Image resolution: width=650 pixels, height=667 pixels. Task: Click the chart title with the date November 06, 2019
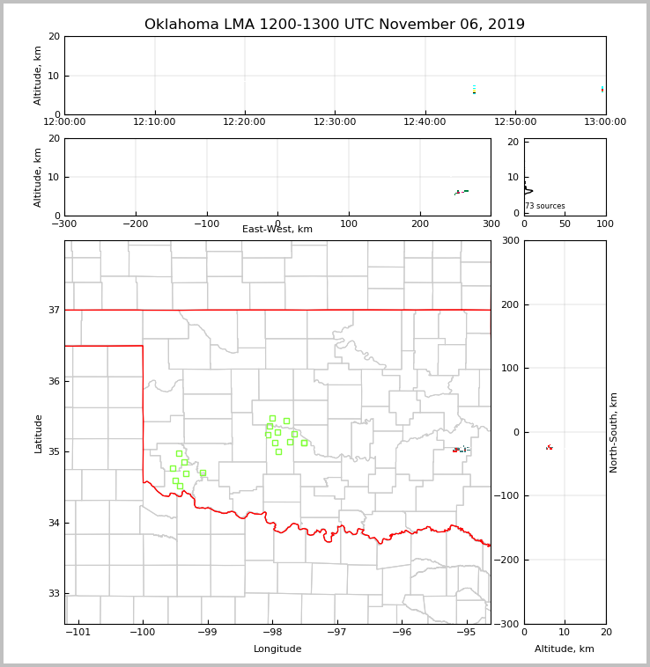335,25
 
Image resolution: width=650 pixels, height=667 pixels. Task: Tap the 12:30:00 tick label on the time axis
335,122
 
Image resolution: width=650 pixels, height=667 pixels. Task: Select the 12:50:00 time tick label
515,122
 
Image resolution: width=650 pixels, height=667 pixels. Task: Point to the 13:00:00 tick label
605,122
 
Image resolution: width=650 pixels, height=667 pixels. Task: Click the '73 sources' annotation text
545,207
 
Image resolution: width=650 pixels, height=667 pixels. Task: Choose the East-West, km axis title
277,230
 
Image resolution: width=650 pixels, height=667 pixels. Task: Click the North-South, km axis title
614,432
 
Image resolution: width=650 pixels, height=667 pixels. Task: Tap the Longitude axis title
277,649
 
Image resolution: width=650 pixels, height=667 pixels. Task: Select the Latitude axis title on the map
38,433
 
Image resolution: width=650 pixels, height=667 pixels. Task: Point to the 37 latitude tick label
54,311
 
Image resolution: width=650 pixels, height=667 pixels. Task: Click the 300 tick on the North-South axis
508,241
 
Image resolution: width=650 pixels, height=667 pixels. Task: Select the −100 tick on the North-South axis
505,496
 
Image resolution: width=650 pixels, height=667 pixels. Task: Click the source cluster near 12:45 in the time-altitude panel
474,90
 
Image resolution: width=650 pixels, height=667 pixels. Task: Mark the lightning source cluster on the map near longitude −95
461,450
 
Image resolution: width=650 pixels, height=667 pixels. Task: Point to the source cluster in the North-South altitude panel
549,447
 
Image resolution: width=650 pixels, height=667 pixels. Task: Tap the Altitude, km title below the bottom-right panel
565,649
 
